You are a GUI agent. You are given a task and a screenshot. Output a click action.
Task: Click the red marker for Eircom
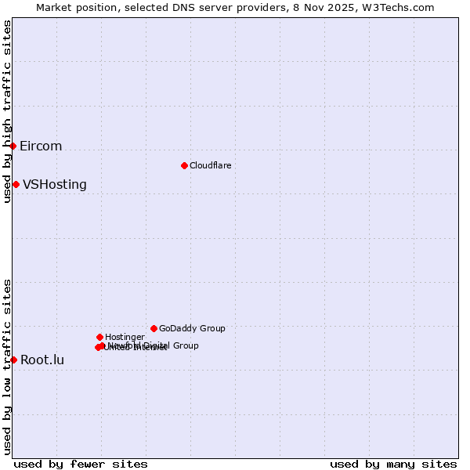13,146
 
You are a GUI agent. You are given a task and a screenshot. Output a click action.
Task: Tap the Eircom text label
41,146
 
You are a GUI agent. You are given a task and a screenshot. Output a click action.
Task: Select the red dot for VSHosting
16,184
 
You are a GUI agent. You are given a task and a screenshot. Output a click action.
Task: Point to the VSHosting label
55,185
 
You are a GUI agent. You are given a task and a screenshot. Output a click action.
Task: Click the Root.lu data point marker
13,360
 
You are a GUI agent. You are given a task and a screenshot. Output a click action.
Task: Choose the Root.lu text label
42,360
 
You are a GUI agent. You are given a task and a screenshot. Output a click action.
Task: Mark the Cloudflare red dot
184,165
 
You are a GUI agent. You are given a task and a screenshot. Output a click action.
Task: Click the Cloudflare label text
210,166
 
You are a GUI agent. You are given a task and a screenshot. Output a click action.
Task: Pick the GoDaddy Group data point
154,328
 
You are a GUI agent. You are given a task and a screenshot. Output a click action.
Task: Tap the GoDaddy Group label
192,329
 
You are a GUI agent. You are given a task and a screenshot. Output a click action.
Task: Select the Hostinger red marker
99,337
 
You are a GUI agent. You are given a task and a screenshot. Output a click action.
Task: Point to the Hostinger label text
125,338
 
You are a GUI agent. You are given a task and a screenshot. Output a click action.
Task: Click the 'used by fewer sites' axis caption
81,464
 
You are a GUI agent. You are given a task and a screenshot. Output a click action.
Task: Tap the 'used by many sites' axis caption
393,464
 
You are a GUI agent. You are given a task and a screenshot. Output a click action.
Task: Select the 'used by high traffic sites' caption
7,111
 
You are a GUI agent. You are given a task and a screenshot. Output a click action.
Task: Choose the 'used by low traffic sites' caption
7,366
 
